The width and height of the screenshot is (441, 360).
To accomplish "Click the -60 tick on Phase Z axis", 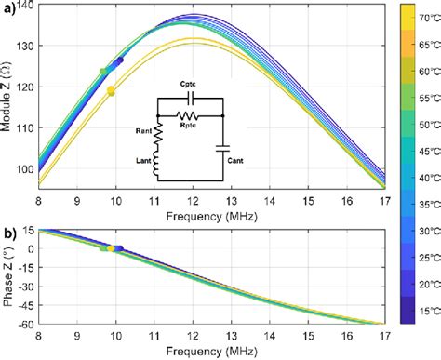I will pyautogui.click(x=25, y=324).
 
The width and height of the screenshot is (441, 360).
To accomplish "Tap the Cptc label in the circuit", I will pyautogui.click(x=191, y=83).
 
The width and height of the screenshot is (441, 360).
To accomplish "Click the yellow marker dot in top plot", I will pyautogui.click(x=112, y=91).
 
